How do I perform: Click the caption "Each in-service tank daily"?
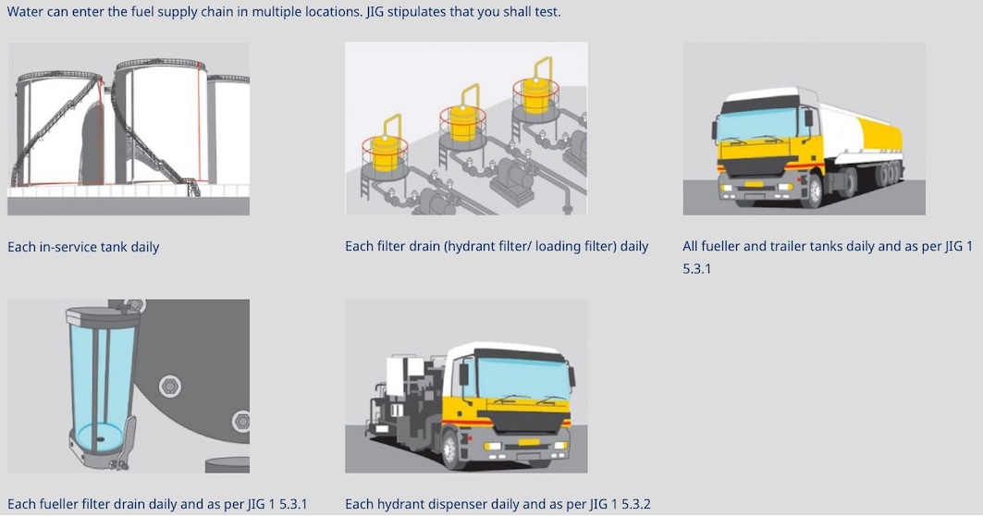click(83, 247)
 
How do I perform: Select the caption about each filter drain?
click(497, 246)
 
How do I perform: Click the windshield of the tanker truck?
click(756, 126)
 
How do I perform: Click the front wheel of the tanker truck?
click(811, 191)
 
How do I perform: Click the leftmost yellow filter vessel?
click(385, 153)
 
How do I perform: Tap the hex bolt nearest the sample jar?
click(169, 386)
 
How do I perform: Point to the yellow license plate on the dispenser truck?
click(528, 443)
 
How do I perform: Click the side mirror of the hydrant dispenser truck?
click(463, 375)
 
